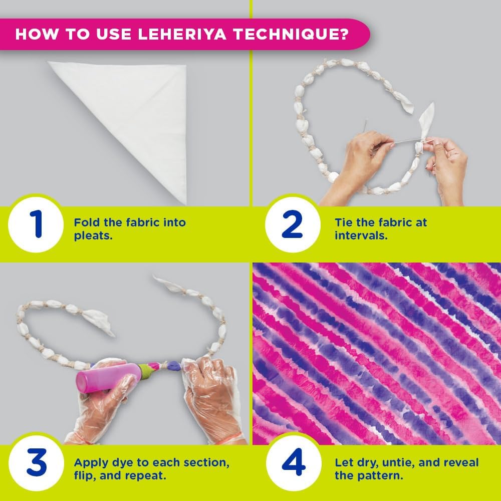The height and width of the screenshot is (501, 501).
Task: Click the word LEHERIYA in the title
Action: tap(182, 34)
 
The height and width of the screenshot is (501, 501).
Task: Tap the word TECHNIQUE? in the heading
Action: tap(291, 34)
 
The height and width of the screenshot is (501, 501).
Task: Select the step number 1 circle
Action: tap(36, 224)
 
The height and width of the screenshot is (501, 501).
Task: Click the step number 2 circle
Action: tap(293, 224)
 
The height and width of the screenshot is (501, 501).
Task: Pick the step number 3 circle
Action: tap(37, 463)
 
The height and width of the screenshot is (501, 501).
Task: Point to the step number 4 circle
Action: tap(293, 463)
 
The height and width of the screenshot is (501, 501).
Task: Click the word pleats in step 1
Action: tap(92, 236)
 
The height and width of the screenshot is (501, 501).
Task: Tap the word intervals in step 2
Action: tap(359, 235)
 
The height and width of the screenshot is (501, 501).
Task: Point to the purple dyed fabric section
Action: tap(173, 365)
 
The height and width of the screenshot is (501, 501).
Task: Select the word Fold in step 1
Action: tap(86, 222)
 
